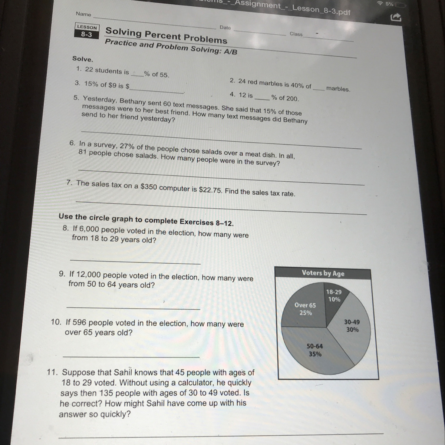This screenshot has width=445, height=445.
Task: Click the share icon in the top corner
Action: (x=396, y=17)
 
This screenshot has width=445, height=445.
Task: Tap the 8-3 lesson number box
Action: (x=87, y=34)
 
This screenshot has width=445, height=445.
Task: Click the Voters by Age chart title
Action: (x=323, y=273)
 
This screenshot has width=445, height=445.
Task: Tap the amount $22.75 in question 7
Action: (x=210, y=190)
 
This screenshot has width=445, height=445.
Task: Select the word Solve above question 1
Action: (x=83, y=59)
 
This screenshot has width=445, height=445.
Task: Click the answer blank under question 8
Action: (x=135, y=262)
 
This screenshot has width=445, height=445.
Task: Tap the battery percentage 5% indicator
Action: (x=389, y=4)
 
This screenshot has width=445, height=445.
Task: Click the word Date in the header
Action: (x=225, y=27)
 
